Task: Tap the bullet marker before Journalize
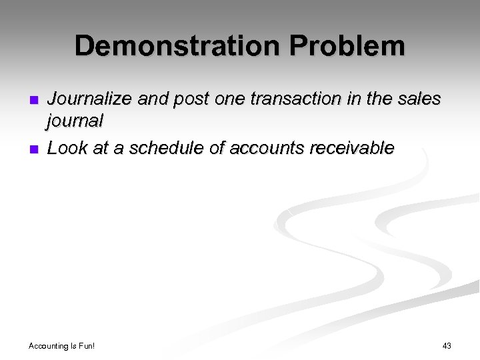click(34, 101)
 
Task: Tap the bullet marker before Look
click(34, 149)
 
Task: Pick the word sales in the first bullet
click(419, 99)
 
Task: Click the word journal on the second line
click(75, 121)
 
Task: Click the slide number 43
click(447, 345)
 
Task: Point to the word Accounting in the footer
click(48, 346)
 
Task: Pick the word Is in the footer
click(73, 346)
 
